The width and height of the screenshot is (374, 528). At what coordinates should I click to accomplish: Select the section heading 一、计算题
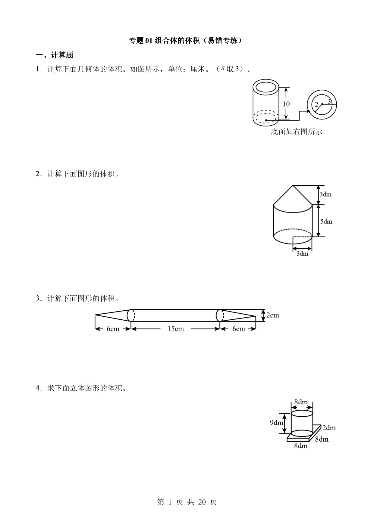point(55,55)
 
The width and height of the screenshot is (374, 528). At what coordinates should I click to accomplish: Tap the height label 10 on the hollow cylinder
point(286,104)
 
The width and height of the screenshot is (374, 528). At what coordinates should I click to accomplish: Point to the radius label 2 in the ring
point(316,105)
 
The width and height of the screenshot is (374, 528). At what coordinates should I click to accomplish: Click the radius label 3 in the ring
point(329,101)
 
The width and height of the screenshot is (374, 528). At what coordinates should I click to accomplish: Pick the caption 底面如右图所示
point(296,132)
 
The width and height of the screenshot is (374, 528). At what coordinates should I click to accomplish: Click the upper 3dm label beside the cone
point(325,194)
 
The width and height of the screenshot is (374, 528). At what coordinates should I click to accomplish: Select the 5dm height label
point(326,221)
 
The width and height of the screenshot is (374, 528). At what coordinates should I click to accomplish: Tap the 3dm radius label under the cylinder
point(302,253)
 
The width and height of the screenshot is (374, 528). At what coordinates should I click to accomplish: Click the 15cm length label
point(176,329)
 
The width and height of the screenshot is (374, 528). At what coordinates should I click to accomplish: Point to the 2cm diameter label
point(273,315)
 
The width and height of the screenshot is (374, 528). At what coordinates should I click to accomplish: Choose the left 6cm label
point(113,329)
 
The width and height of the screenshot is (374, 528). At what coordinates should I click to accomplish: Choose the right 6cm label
point(238,329)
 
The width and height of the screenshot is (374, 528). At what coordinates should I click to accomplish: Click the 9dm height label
point(276,423)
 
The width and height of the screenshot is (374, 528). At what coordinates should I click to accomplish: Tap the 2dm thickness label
point(329,428)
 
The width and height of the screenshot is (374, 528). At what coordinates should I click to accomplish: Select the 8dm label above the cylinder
point(301,402)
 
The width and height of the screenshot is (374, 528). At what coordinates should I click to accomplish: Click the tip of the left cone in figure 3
point(95,315)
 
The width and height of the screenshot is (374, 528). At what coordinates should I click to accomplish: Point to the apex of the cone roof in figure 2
point(293,185)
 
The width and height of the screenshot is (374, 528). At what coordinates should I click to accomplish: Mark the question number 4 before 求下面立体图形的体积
point(38,388)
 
